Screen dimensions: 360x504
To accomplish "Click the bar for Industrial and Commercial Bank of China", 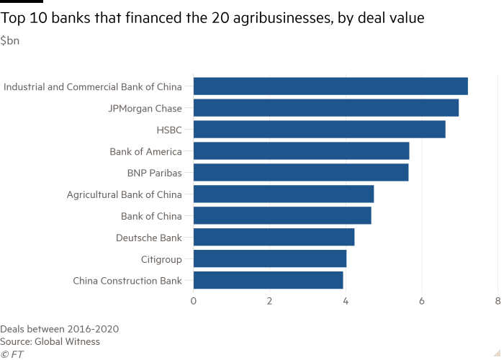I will click(x=331, y=86).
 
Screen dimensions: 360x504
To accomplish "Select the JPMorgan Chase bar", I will click(x=327, y=108).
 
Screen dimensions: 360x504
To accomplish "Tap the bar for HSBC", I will click(x=320, y=130).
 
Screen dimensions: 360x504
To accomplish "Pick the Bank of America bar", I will click(x=302, y=151).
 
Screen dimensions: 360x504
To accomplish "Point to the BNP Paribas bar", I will click(x=302, y=173).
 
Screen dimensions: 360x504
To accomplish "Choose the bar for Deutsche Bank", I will click(x=274, y=238).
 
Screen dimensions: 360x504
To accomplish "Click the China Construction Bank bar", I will click(x=269, y=280).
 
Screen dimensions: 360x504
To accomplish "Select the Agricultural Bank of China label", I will click(x=130, y=195).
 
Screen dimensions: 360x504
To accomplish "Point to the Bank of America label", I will click(x=152, y=152).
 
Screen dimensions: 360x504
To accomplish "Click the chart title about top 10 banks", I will click(x=212, y=19).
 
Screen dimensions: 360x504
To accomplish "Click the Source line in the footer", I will click(x=50, y=341).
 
